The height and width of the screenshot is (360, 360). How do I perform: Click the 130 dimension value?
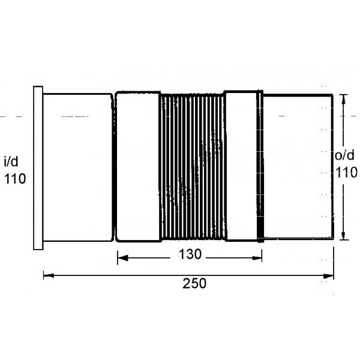pyautogui.click(x=190, y=254)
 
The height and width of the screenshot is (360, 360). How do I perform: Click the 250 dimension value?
pyautogui.click(x=194, y=283)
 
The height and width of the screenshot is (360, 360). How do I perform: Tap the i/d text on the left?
pyautogui.click(x=11, y=161)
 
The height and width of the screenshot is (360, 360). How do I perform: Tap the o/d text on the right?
pyautogui.click(x=344, y=155)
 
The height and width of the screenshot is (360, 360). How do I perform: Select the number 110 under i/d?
pyautogui.click(x=15, y=179)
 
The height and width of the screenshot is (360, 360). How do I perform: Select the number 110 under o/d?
pyautogui.click(x=346, y=172)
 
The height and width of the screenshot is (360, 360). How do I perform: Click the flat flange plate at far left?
pyautogui.click(x=38, y=168)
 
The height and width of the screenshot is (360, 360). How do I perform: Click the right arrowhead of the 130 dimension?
pyautogui.click(x=257, y=258)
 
